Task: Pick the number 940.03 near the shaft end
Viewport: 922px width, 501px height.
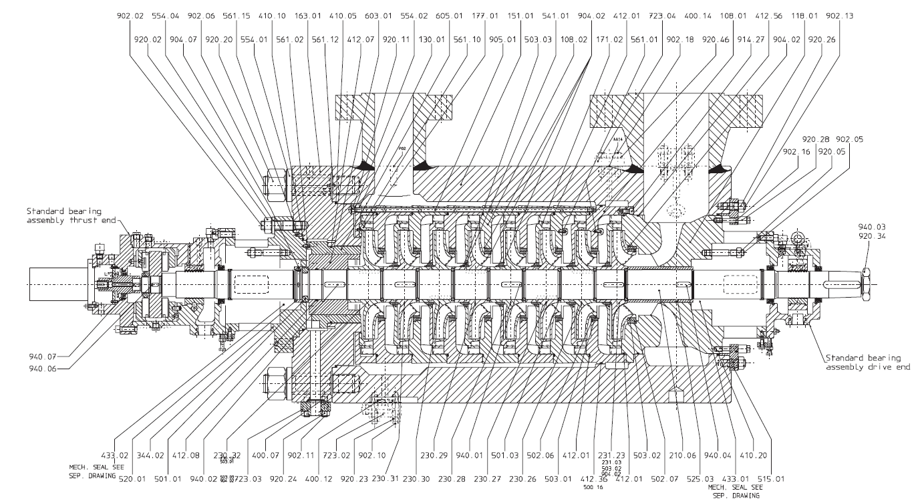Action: click(x=872, y=246)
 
